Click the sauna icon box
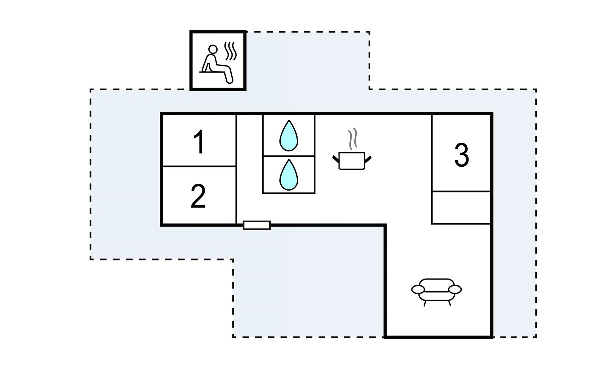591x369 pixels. [x=218, y=61]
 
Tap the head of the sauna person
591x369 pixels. [x=213, y=49]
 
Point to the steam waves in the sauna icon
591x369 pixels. [x=231, y=51]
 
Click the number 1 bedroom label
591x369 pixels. [x=199, y=142]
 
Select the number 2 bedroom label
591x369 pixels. [x=198, y=196]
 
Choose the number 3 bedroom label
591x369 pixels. [x=461, y=155]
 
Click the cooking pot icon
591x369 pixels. [x=352, y=161]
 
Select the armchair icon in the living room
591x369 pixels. [x=436, y=291]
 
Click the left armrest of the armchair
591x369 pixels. [x=418, y=289]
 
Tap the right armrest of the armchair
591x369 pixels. [x=455, y=289]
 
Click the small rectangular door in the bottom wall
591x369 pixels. [x=257, y=225]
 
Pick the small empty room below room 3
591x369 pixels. [x=461, y=208]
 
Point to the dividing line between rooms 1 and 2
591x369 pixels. [x=199, y=166]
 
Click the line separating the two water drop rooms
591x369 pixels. [x=289, y=156]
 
